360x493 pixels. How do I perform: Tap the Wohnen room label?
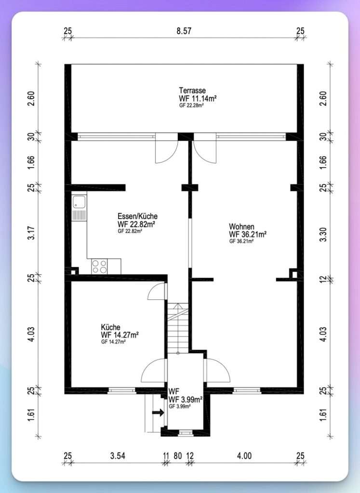point(241,226)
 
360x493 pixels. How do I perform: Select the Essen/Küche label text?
point(137,216)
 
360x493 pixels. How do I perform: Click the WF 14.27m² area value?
point(120,335)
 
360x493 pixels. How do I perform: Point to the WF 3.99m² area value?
point(186,399)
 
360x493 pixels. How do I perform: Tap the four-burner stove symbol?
point(99,266)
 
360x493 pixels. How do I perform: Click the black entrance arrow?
point(158,412)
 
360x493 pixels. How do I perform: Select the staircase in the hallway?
point(178,328)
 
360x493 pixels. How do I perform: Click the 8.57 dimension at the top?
point(184,31)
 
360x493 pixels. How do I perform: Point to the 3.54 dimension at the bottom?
point(118,455)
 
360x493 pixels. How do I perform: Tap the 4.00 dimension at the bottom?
point(244,455)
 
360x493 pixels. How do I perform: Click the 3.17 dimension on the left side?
point(31,233)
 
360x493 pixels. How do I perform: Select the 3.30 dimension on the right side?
point(323,234)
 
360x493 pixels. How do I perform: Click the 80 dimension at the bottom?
point(178,455)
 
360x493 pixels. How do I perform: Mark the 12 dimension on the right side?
point(323,279)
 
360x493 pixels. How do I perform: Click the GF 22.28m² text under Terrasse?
point(191,105)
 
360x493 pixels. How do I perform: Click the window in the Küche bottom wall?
point(122,390)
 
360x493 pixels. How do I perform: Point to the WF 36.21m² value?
point(248,234)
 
